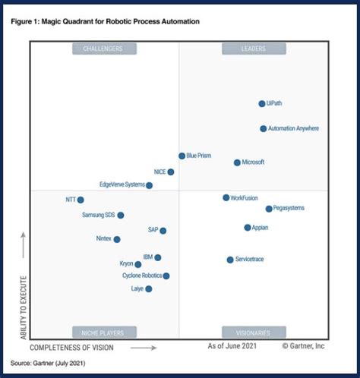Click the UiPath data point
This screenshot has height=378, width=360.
[x=262, y=104]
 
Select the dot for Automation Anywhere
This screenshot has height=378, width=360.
[x=264, y=129]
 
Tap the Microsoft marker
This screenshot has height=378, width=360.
[x=237, y=162]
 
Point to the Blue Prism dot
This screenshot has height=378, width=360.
[x=182, y=156]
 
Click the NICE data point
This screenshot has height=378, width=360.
[x=171, y=172]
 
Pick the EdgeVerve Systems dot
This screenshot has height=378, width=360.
[x=150, y=185]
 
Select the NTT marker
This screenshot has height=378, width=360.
[x=81, y=200]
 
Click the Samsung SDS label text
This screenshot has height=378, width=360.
[x=97, y=216]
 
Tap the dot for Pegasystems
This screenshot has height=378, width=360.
[x=269, y=209]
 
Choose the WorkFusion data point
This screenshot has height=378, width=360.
[x=226, y=197]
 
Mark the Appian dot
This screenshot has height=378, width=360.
[x=248, y=228]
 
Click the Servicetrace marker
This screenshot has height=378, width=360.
[x=230, y=260]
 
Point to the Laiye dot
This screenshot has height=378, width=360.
[x=149, y=289]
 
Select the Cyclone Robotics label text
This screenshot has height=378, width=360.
[x=141, y=276]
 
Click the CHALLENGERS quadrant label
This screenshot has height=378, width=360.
[x=104, y=49]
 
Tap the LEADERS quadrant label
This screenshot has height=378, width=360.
[x=254, y=49]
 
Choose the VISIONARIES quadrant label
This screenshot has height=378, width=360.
[x=254, y=332]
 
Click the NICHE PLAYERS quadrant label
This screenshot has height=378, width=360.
[x=104, y=332]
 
